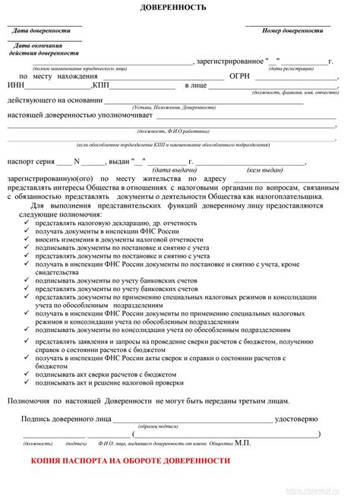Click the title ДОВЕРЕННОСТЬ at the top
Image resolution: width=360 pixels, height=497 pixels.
[x=180, y=7]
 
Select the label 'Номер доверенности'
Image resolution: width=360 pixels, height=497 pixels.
[x=292, y=31]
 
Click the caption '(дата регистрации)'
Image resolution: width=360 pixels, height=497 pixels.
[x=290, y=68]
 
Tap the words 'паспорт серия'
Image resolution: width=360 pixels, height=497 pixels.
[x=31, y=161]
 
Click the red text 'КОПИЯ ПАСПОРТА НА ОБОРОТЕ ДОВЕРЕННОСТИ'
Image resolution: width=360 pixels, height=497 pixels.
[x=130, y=461]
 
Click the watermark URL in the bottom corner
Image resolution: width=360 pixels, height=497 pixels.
[x=324, y=490]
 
